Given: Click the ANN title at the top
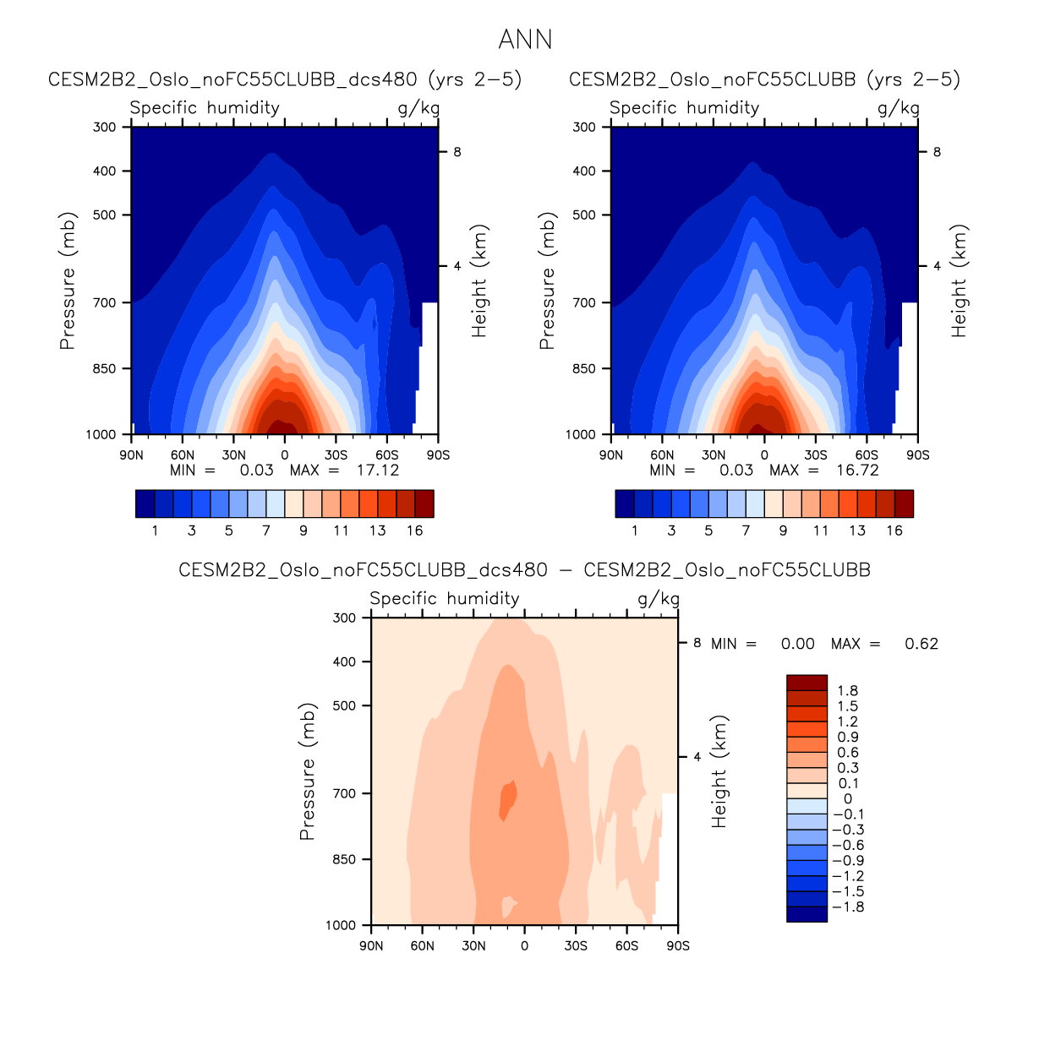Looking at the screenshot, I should coord(525,40).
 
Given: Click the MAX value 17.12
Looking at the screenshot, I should coord(377,471).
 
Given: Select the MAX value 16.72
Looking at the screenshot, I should coord(857,471).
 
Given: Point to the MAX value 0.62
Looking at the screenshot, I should coord(921,644).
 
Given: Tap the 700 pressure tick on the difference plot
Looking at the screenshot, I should coord(345,793).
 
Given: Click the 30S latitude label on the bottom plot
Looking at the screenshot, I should coord(576,945).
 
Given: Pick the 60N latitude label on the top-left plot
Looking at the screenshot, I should coord(183,455).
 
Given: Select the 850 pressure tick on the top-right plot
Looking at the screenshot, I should coord(584,368).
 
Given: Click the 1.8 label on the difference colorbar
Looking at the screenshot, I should coord(847,691).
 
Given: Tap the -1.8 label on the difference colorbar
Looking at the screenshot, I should coord(847,907).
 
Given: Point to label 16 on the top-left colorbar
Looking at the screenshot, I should coord(414,531).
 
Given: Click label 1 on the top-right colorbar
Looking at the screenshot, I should coord(635,531).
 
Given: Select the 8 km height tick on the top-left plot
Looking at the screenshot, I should coord(457,152).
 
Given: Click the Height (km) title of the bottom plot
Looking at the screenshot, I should coord(719,772).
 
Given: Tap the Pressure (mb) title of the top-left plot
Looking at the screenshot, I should coord(68,280).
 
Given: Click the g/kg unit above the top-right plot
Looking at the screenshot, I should coord(898,107).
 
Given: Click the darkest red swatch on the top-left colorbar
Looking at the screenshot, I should coord(424,504).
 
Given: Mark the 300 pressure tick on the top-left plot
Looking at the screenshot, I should coord(106,127).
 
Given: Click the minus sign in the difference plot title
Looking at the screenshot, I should coord(566,570).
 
